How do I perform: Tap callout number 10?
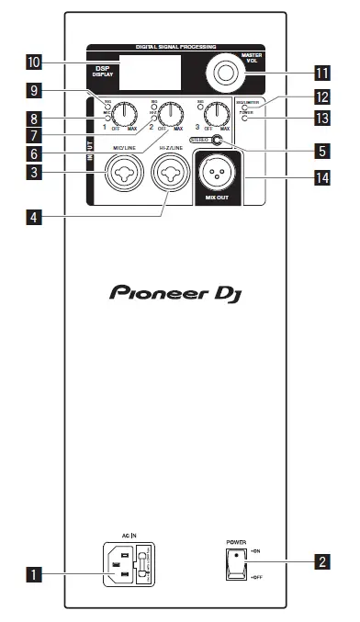(34, 62)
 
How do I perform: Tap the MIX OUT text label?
(218, 197)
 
